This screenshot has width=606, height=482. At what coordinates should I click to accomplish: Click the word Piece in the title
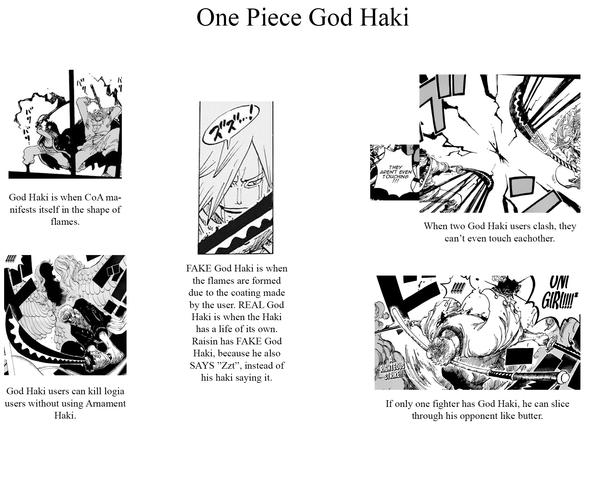(x=274, y=17)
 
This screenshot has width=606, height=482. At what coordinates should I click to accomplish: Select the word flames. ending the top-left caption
(x=65, y=222)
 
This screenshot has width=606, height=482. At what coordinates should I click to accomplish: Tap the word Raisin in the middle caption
(x=203, y=341)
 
